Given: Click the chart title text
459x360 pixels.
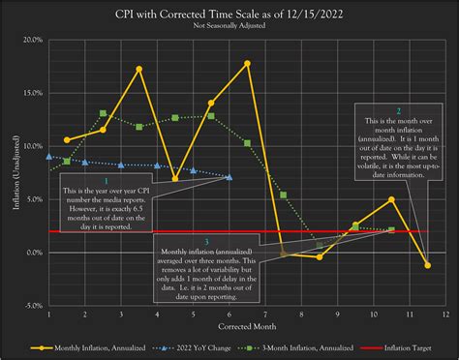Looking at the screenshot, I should [229, 14].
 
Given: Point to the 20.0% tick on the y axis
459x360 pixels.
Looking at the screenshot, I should [32, 41].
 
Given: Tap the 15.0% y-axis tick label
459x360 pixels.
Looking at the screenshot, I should [32, 94].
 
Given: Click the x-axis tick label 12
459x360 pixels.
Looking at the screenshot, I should [445, 315].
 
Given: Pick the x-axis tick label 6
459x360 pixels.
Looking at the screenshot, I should [229, 315].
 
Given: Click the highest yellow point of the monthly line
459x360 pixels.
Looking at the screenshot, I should [248, 64].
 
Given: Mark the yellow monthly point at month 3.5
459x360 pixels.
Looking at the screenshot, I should [139, 69].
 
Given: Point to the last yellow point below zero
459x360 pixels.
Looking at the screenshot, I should [427, 264].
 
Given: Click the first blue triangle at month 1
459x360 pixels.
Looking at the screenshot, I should [48, 155].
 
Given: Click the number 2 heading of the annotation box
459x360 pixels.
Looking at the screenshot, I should [399, 111].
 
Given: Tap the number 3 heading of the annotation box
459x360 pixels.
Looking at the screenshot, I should [205, 240].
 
